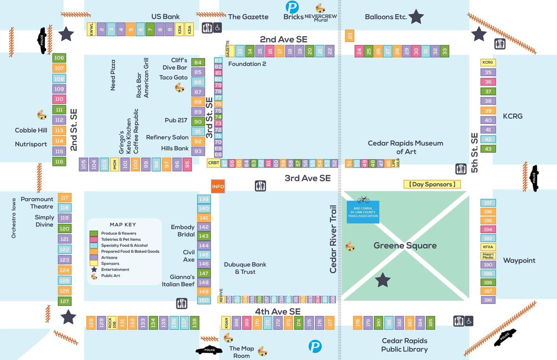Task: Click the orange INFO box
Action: click(218, 186)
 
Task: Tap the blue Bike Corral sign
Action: click(363, 212)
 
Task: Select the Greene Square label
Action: click(405, 245)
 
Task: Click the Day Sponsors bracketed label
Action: click(432, 184)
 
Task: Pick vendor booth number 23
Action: click(350, 36)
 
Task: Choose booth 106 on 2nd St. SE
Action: click(59, 58)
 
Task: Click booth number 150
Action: click(204, 300)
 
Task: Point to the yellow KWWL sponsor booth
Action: click(91, 30)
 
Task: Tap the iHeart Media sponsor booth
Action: click(488, 255)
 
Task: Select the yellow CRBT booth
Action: click(214, 163)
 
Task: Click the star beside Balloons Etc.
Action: click(416, 17)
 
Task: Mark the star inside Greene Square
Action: click(383, 280)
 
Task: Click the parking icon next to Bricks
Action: click(292, 7)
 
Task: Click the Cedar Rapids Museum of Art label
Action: click(405, 148)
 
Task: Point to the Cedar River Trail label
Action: click(333, 239)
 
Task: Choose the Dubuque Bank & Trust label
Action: click(245, 268)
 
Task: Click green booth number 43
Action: click(488, 149)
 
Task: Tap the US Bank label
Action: click(165, 17)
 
